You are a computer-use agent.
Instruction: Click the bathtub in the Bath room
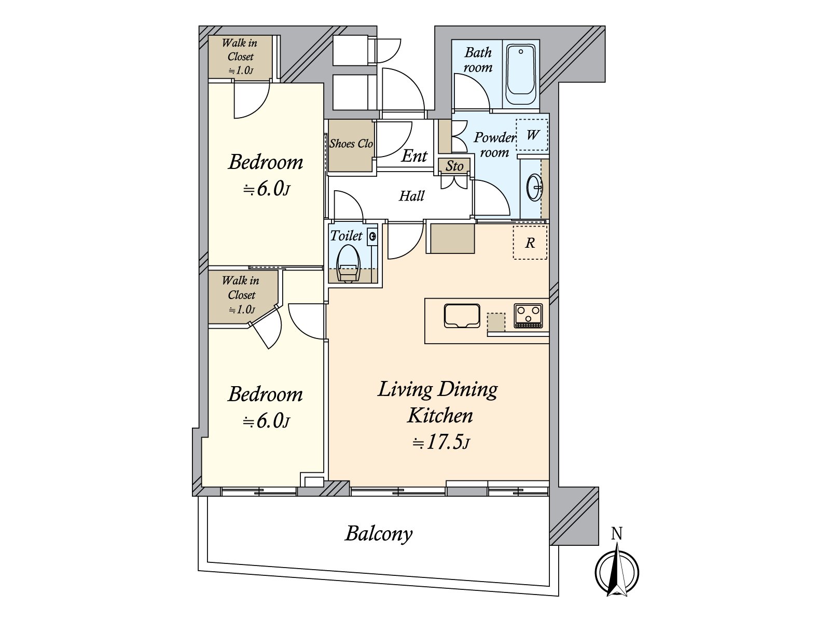[x=521, y=75]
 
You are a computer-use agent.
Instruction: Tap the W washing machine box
[x=532, y=135]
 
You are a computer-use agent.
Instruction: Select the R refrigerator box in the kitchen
[x=530, y=243]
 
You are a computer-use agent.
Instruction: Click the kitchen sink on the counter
[x=462, y=316]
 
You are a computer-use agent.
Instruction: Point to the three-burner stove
[x=528, y=316]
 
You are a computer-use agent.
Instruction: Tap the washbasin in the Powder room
[x=534, y=187]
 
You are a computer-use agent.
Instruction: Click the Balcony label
[x=379, y=533]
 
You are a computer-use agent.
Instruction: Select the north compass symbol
[x=617, y=572]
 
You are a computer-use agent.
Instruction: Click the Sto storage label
[x=454, y=166]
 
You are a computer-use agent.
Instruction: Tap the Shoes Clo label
[x=351, y=144]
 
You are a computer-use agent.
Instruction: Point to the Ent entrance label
[x=414, y=155]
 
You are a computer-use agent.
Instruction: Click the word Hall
[x=411, y=196]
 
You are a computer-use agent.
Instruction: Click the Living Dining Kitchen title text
[x=438, y=402]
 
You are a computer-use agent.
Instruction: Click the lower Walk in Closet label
[x=241, y=294]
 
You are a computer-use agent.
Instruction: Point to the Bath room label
[x=478, y=60]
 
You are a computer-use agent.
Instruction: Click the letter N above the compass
[x=616, y=534]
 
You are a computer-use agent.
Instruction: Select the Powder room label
[x=494, y=145]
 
